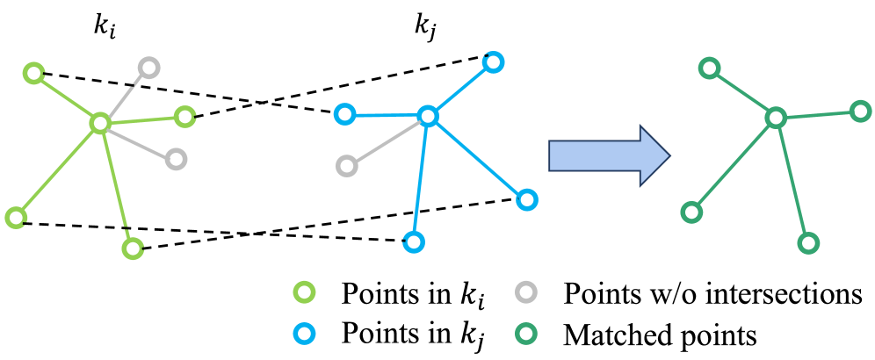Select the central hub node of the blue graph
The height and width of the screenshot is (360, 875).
pyautogui.click(x=428, y=116)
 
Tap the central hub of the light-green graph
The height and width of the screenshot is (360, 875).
pyautogui.click(x=100, y=123)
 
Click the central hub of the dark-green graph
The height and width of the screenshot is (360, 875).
pyautogui.click(x=776, y=118)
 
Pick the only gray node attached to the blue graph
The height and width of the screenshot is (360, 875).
pyautogui.click(x=347, y=166)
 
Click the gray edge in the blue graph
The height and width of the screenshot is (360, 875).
pyautogui.click(x=387, y=141)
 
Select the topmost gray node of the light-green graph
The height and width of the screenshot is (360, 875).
pyautogui.click(x=149, y=68)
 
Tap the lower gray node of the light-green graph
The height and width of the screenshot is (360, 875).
pyautogui.click(x=177, y=159)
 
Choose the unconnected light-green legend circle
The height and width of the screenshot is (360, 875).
pyautogui.click(x=304, y=292)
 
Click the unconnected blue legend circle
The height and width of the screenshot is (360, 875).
pyautogui.click(x=304, y=334)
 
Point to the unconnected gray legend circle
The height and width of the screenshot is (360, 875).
pyautogui.click(x=526, y=292)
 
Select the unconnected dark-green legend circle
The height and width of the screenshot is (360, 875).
pyautogui.click(x=526, y=334)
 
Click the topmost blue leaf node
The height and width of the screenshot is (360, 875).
pyautogui.click(x=493, y=62)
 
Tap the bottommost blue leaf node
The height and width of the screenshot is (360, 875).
pyautogui.click(x=414, y=241)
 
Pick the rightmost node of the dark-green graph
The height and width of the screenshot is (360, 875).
pyautogui.click(x=861, y=112)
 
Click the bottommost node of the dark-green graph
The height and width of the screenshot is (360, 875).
pyautogui.click(x=808, y=243)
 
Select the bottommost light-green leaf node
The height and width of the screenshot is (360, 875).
pyautogui.click(x=133, y=248)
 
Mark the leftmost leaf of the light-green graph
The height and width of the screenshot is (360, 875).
pyautogui.click(x=16, y=218)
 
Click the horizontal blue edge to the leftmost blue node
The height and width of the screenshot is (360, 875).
pyautogui.click(x=387, y=115)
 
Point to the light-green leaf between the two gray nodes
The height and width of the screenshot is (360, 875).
pyautogui.click(x=184, y=117)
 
